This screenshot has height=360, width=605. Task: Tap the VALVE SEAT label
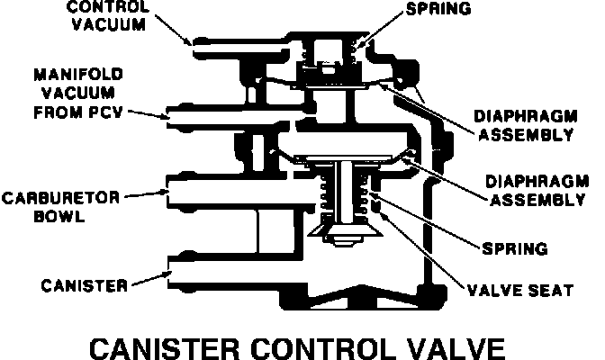coord(519,290)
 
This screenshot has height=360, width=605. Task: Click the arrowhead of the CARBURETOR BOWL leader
coord(161,193)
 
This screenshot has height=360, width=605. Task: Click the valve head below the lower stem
coord(345,236)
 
